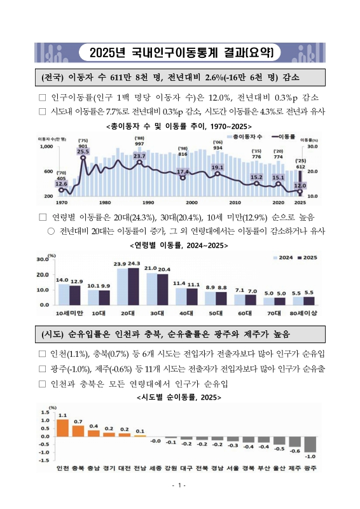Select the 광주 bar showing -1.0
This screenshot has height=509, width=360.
pyautogui.click(x=310, y=444)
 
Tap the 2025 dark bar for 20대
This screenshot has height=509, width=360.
pyautogui.click(x=134, y=286)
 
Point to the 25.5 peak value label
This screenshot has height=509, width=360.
pyautogui.click(x=83, y=152)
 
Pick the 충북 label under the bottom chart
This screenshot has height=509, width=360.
pyautogui.click(x=78, y=468)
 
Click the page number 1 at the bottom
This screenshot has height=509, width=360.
pyautogui.click(x=180, y=486)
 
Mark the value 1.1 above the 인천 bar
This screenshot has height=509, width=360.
pyautogui.click(x=62, y=414)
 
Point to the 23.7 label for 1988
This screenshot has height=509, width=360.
pyautogui.click(x=139, y=156)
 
